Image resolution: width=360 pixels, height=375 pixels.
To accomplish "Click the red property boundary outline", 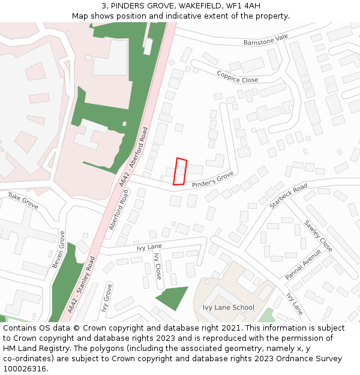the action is (180, 172).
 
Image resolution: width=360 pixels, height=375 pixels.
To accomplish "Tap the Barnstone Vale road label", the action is (266, 40).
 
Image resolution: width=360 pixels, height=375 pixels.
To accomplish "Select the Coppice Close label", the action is (238, 79).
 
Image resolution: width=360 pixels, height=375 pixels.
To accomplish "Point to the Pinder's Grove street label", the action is (212, 179).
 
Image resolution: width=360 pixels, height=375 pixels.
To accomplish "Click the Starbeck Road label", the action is (288, 196).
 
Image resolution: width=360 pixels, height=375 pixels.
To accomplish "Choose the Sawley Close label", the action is (317, 236).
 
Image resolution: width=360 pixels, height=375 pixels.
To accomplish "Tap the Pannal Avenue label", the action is (304, 264).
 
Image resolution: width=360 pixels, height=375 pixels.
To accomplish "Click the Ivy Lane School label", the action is (228, 308).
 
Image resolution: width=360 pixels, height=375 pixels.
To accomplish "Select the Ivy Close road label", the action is (158, 266).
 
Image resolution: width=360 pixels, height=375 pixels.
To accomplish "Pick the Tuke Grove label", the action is (23, 200).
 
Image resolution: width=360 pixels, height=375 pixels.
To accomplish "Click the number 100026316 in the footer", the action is (25, 368).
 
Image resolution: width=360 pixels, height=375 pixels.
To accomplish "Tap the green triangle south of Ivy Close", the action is (171, 296).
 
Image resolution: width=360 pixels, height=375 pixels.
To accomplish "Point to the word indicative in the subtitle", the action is (178, 16).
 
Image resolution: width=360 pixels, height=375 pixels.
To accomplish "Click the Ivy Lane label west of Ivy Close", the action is (149, 247).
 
